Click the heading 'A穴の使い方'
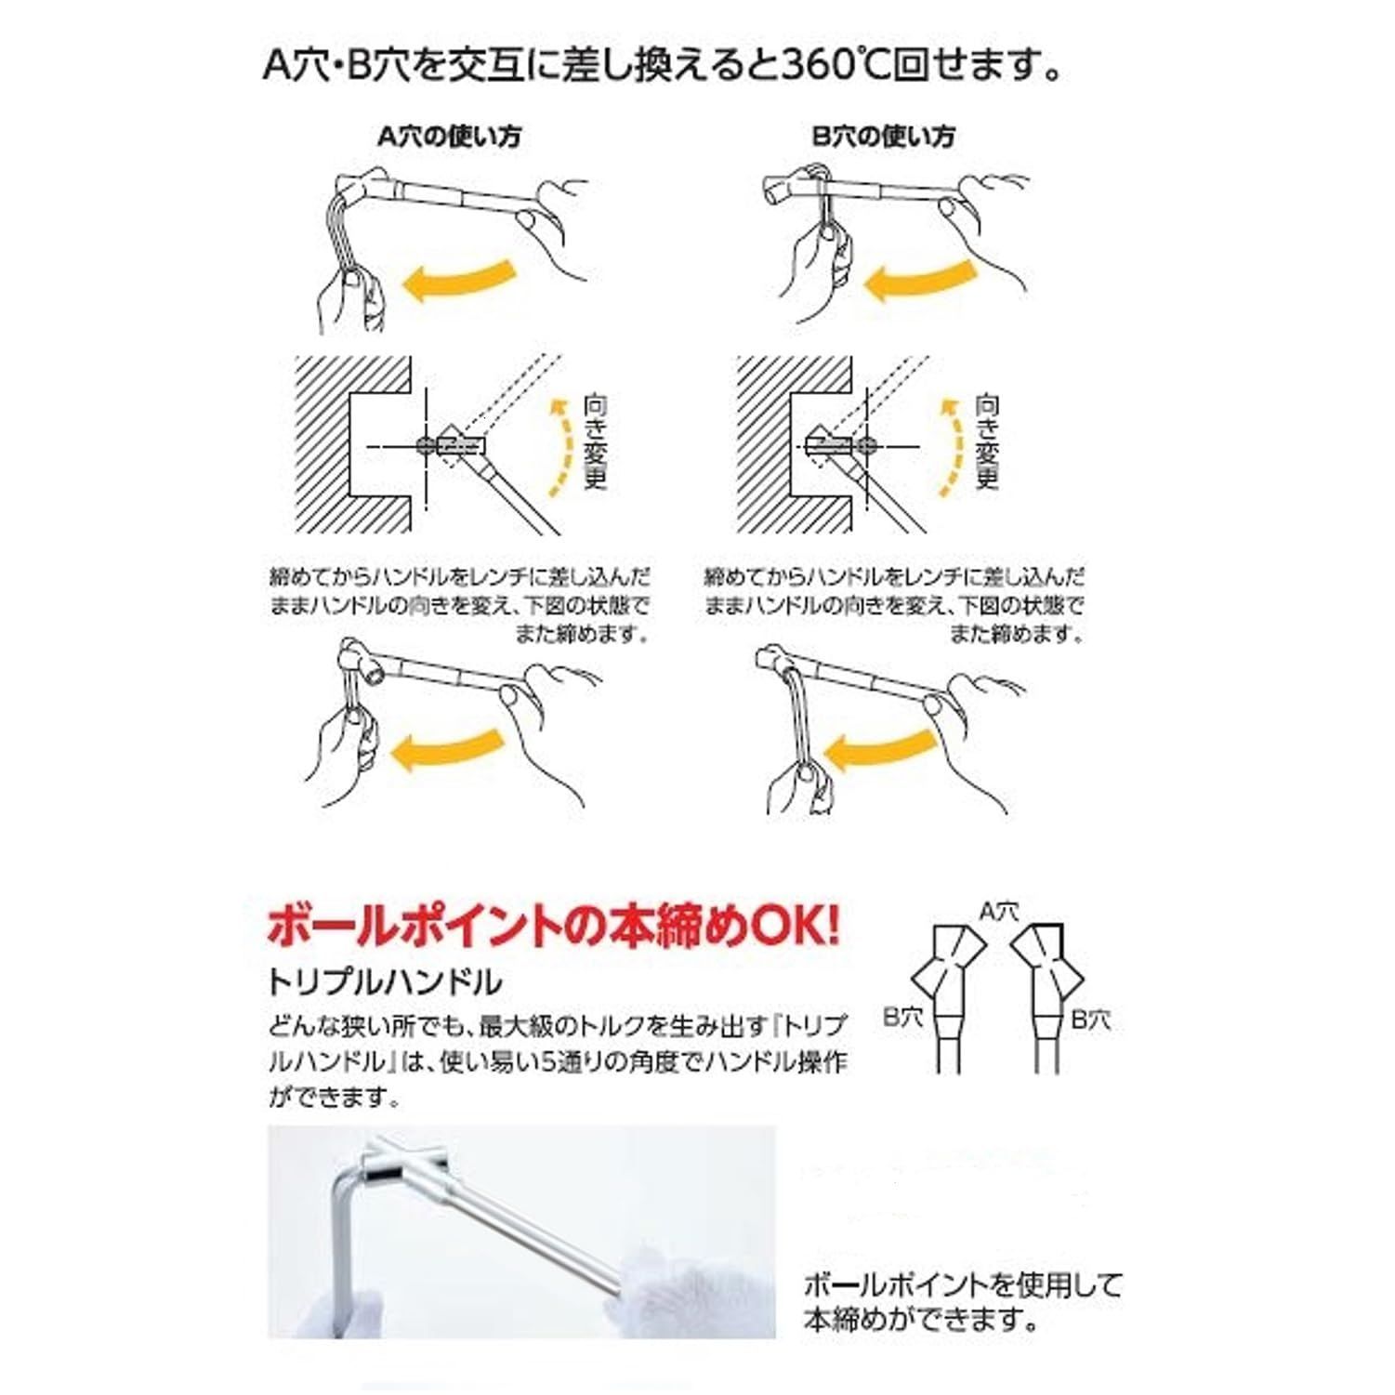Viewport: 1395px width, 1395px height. click(x=449, y=137)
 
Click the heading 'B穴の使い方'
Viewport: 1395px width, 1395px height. click(x=883, y=137)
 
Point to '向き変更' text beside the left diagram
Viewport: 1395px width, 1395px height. click(x=595, y=442)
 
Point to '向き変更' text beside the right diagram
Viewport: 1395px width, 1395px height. click(x=987, y=442)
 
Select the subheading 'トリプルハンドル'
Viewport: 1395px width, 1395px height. click(x=384, y=981)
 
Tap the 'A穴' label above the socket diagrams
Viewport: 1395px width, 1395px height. click(x=999, y=912)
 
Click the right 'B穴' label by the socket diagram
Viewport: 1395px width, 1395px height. click(x=1091, y=1019)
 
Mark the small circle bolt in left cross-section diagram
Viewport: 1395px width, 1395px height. click(x=426, y=446)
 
